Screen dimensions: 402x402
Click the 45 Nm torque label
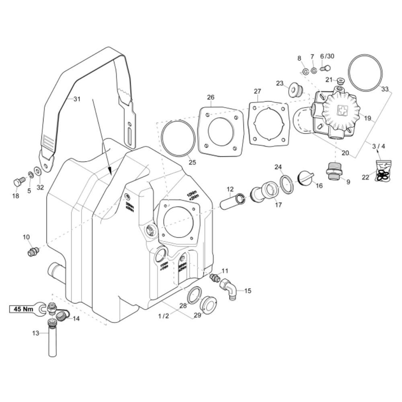click(23, 309)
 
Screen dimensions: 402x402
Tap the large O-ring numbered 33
click(366, 72)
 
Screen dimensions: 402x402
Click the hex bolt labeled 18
click(17, 182)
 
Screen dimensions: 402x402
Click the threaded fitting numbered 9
click(334, 170)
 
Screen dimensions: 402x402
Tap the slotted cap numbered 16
click(305, 177)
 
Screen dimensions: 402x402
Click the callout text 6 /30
click(327, 56)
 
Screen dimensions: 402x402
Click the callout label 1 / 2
click(163, 316)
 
